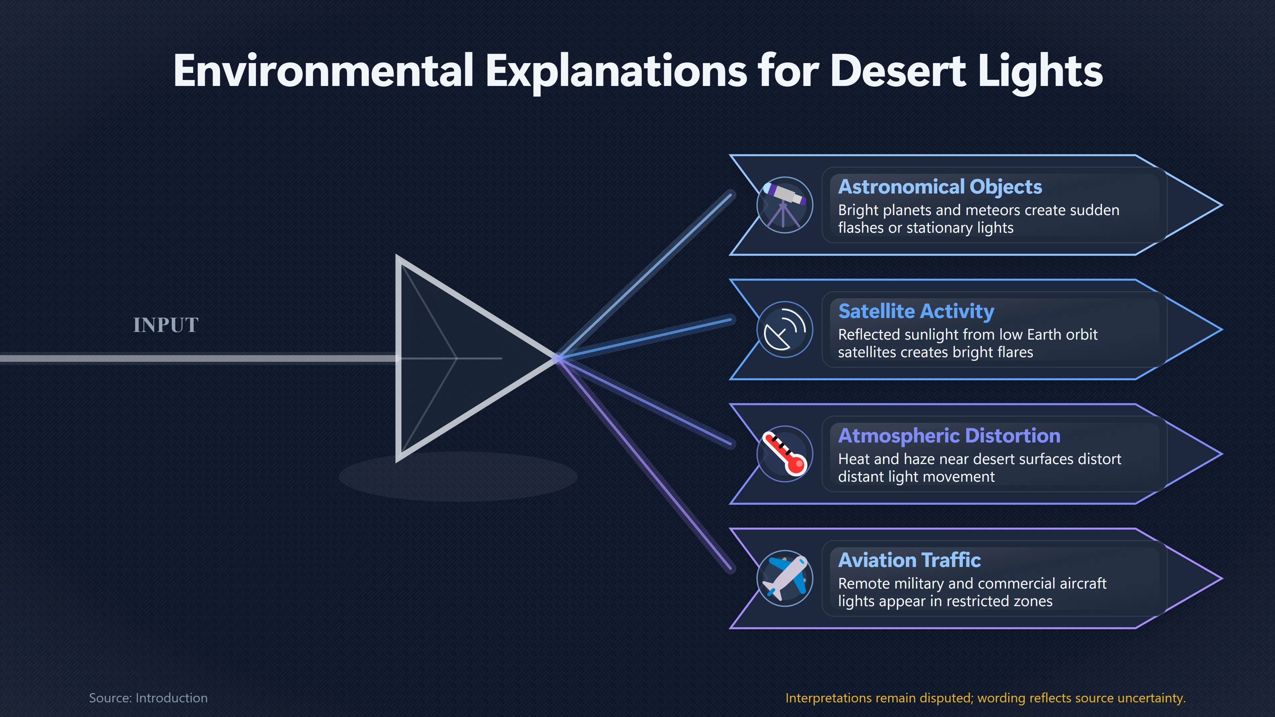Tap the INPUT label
(166, 325)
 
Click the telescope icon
(785, 205)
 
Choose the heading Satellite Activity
(916, 311)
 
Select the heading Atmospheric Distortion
(949, 436)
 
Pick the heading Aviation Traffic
(909, 560)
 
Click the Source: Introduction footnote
(148, 698)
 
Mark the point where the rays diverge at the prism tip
(558, 358)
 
